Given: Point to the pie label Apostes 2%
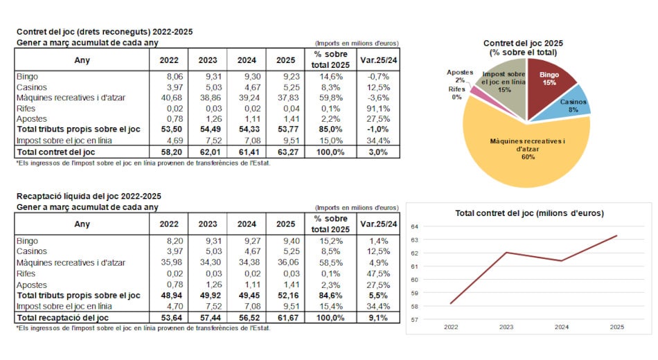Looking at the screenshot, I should click(x=460, y=75).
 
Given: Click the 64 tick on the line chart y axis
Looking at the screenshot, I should click(x=415, y=226).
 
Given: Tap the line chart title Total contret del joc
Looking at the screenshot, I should click(x=529, y=213).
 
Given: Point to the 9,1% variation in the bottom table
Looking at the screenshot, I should click(x=378, y=316).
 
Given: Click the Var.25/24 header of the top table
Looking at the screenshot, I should click(x=378, y=60).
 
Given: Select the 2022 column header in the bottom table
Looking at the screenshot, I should click(x=168, y=224).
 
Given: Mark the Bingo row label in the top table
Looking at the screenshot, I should click(x=27, y=76).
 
